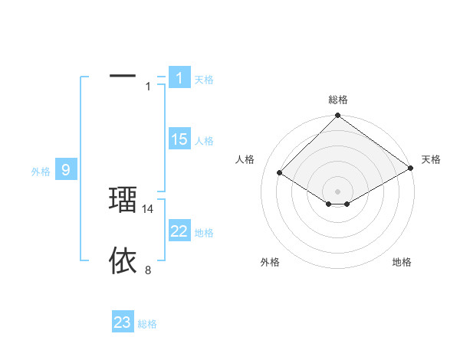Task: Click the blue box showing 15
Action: tap(179, 139)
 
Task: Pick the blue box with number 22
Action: tap(179, 231)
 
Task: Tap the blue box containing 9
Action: tap(66, 170)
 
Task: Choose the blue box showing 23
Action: tap(123, 322)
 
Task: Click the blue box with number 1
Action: tap(179, 78)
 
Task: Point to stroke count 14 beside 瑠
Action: tap(149, 208)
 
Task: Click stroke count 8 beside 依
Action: tap(149, 270)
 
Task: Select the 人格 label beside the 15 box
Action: tap(204, 141)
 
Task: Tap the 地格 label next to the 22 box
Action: tap(204, 233)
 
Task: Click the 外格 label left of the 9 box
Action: tap(41, 172)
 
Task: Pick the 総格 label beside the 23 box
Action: tap(147, 324)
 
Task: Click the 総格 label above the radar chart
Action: tap(338, 100)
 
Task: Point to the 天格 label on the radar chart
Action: tap(431, 159)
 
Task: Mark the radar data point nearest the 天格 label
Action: tap(411, 169)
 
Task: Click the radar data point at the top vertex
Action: tap(337, 116)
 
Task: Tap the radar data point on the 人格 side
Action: tap(280, 173)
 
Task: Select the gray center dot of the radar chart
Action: tap(337, 191)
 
